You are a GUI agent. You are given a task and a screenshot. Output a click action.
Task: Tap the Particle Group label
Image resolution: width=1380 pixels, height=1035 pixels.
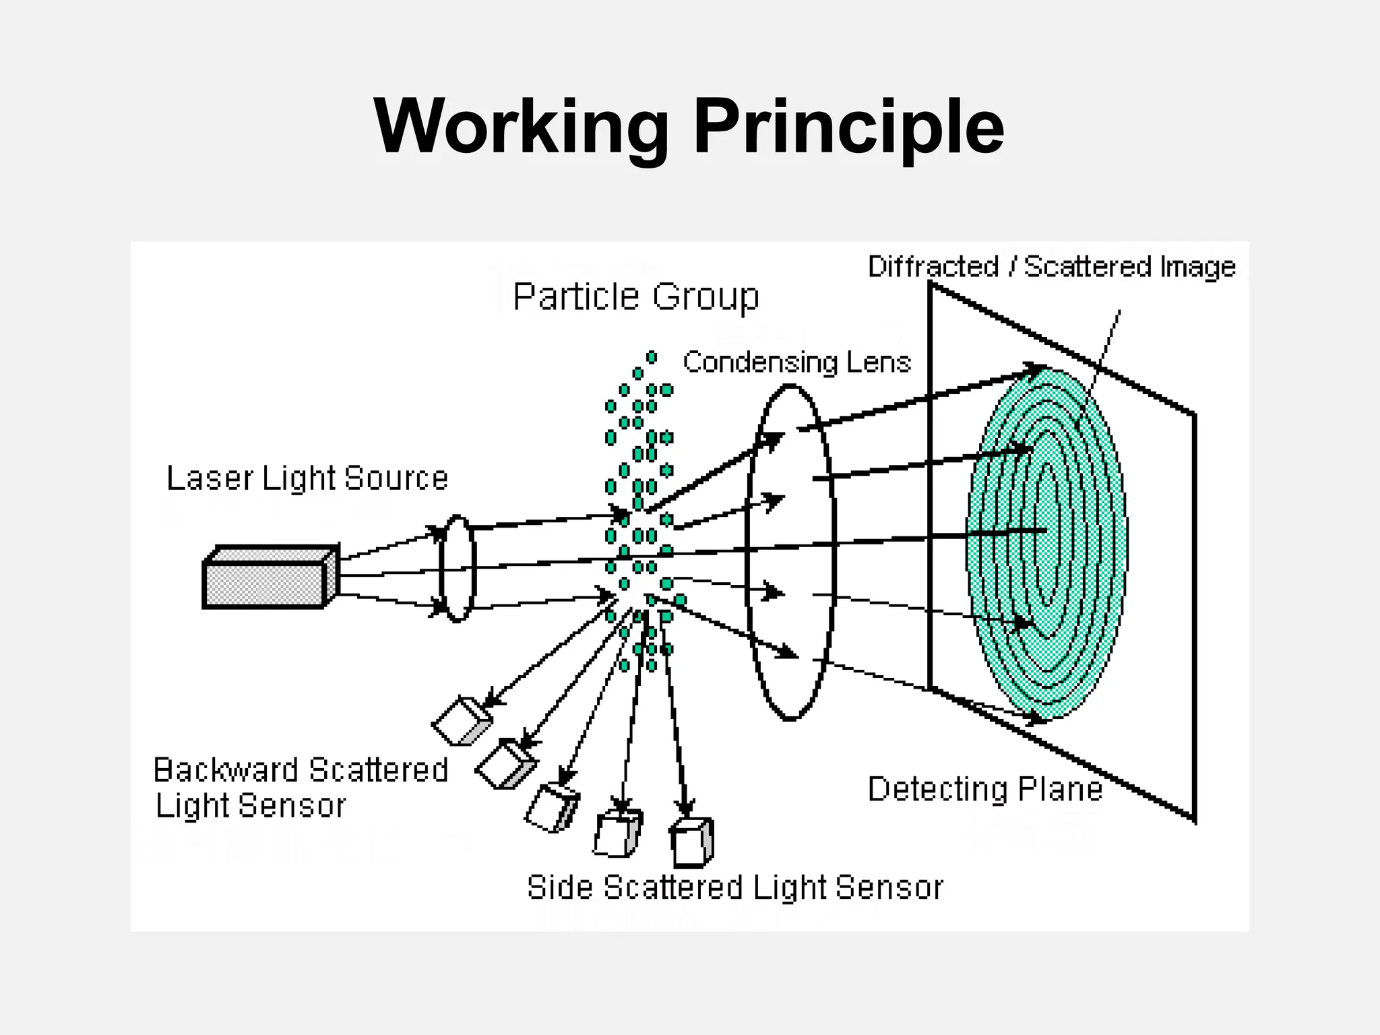[635, 296]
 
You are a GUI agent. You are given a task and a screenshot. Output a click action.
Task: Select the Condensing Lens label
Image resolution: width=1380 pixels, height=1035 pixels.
[796, 363]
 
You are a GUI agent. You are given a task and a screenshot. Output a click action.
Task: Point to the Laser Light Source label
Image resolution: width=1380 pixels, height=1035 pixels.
[307, 478]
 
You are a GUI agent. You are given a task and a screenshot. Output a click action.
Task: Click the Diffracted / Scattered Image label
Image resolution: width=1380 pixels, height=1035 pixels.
[1051, 267]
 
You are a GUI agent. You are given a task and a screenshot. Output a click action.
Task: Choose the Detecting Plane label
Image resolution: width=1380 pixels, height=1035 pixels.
[984, 789]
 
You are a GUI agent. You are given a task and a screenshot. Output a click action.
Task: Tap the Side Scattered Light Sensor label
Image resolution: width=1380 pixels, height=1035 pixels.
[734, 887]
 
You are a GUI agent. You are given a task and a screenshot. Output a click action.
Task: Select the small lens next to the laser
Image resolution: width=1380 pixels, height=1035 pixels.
[458, 568]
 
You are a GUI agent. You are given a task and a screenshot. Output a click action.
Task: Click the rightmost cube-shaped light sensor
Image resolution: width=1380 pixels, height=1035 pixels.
[691, 842]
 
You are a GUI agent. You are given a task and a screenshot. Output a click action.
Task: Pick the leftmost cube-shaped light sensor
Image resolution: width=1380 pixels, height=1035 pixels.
[462, 720]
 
